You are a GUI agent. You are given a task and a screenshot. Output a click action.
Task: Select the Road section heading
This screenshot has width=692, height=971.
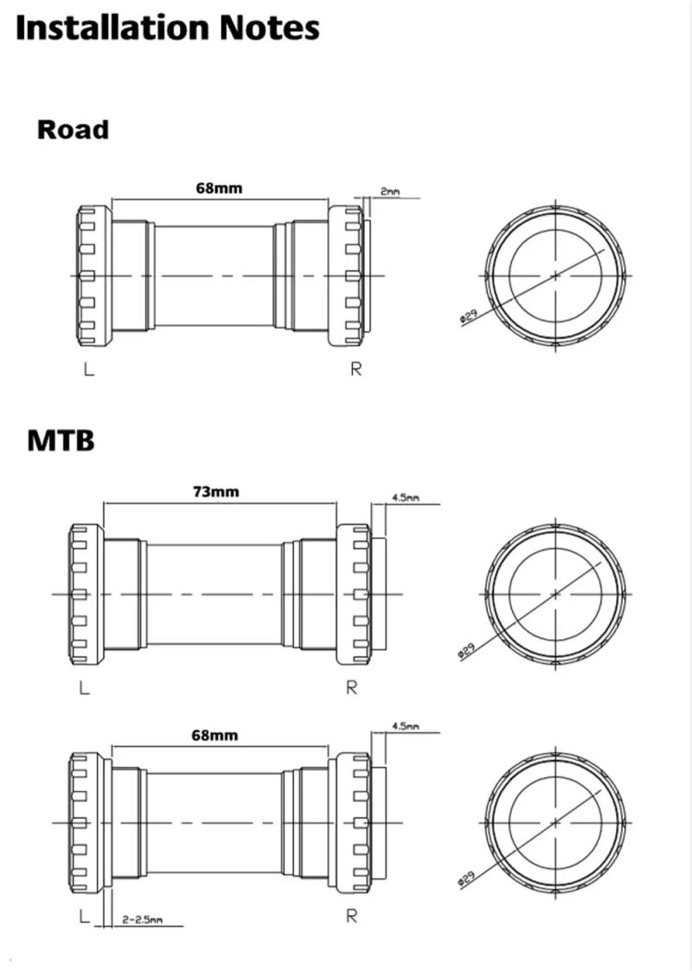coord(73,130)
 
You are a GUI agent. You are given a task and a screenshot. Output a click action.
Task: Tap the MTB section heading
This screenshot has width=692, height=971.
coord(61,440)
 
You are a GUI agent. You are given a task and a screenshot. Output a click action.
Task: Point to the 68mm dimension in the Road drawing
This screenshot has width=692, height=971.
coord(218,188)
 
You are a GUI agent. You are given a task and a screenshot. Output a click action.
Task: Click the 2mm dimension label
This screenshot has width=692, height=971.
coord(390,191)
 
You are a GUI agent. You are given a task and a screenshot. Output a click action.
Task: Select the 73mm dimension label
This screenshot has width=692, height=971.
coord(215,492)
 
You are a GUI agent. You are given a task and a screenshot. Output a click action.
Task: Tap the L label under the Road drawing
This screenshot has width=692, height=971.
coord(88,369)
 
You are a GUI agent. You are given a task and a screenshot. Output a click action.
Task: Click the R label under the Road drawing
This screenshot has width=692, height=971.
coord(356,369)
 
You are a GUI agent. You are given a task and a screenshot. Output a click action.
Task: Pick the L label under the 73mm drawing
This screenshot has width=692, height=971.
coord(83,688)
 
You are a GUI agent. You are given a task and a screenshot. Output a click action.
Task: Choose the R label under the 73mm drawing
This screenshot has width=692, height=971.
coord(351,688)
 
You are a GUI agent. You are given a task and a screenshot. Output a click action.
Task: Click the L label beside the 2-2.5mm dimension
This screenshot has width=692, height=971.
coord(83,917)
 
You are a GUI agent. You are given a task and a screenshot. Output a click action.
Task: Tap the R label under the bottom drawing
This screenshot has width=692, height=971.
coord(351,917)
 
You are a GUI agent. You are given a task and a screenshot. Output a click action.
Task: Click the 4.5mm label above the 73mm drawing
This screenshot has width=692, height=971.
coord(406,498)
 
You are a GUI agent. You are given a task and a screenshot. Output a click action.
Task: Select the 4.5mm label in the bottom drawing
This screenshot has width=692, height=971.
coord(406,726)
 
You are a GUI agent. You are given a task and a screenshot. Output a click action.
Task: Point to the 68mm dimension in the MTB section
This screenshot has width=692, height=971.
coord(215,735)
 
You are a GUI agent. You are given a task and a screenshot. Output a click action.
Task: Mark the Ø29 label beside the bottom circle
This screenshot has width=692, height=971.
coord(465,879)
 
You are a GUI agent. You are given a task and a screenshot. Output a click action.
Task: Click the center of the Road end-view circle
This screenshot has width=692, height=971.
coord(554,276)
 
